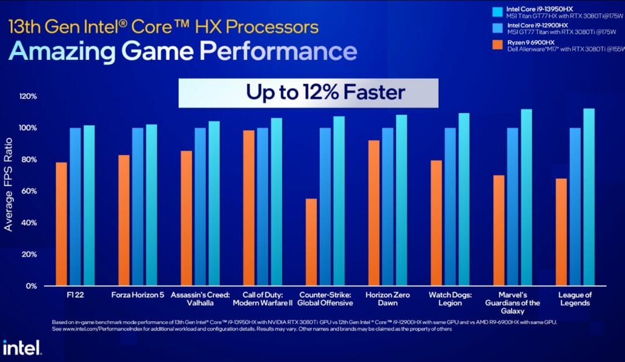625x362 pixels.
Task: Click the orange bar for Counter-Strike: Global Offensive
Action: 311,242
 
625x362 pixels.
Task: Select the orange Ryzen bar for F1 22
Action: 61,223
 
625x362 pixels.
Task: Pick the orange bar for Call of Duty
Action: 248,208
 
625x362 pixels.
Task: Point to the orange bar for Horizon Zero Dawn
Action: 374,212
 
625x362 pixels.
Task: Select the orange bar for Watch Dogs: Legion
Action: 436,223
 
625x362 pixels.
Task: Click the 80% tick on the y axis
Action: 29,160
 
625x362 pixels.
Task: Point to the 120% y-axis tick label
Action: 27,96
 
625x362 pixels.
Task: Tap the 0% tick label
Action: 31,286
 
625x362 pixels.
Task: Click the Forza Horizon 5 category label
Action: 137,295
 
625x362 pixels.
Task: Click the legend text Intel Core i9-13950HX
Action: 536,9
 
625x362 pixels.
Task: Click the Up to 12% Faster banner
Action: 308,93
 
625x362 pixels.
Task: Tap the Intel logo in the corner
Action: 22,348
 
